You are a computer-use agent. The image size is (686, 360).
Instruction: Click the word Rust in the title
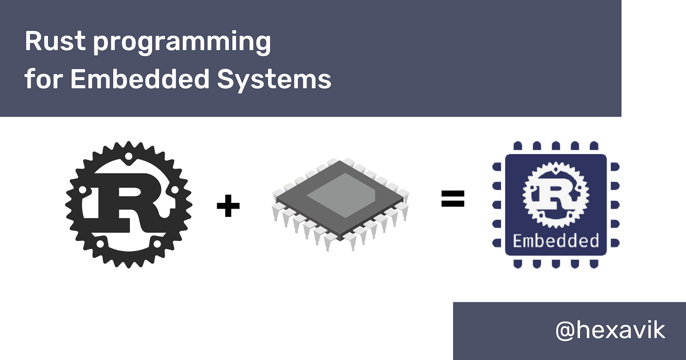pos(54,41)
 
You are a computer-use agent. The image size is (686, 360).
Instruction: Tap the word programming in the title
pos(182,43)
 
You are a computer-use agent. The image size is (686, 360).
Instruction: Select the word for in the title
pos(42,79)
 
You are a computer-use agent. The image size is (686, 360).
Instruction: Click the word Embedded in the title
pos(139,79)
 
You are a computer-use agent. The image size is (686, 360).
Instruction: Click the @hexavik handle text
pos(610,331)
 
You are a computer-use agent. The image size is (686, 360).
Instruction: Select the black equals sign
pos(453,199)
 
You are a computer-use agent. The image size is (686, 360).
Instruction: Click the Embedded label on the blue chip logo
pos(556,240)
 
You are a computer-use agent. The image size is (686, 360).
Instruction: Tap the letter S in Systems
pos(226,79)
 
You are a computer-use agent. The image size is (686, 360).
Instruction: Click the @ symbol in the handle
pos(567,331)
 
